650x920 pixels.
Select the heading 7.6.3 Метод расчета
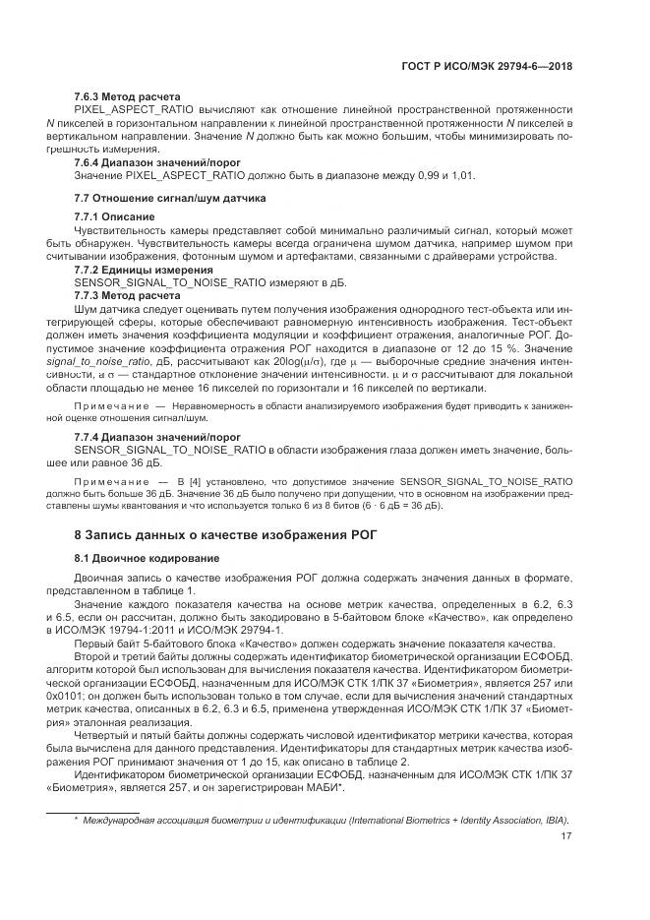pos(127,96)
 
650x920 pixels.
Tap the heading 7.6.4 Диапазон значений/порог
pos(157,161)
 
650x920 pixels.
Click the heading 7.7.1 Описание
pos(115,215)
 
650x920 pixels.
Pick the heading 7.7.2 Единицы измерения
pos(144,269)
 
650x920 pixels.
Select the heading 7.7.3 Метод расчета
pos(127,294)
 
